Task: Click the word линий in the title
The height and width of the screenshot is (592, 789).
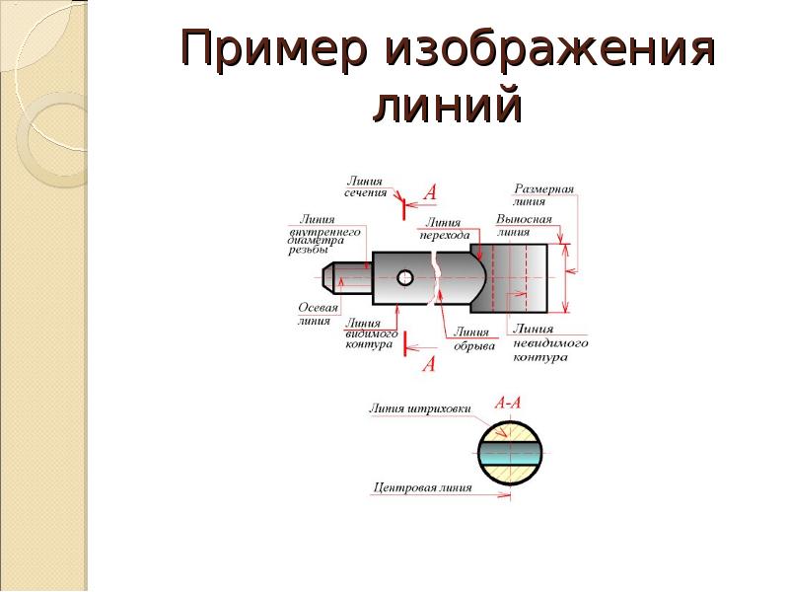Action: pyautogui.click(x=446, y=104)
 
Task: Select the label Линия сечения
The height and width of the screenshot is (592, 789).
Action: pyautogui.click(x=365, y=186)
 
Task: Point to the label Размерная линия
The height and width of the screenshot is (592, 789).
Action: pyautogui.click(x=543, y=193)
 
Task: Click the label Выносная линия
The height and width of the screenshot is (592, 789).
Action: pyautogui.click(x=523, y=226)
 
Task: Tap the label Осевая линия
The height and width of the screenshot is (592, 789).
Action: pyautogui.click(x=318, y=314)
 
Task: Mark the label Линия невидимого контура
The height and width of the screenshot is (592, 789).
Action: pyautogui.click(x=550, y=342)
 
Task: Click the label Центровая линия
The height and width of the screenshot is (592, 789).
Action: pyautogui.click(x=422, y=487)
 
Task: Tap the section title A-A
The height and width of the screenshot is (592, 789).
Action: pyautogui.click(x=507, y=403)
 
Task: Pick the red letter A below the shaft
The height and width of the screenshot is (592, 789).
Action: pyautogui.click(x=428, y=364)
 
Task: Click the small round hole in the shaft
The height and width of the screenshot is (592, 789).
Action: pyautogui.click(x=404, y=278)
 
